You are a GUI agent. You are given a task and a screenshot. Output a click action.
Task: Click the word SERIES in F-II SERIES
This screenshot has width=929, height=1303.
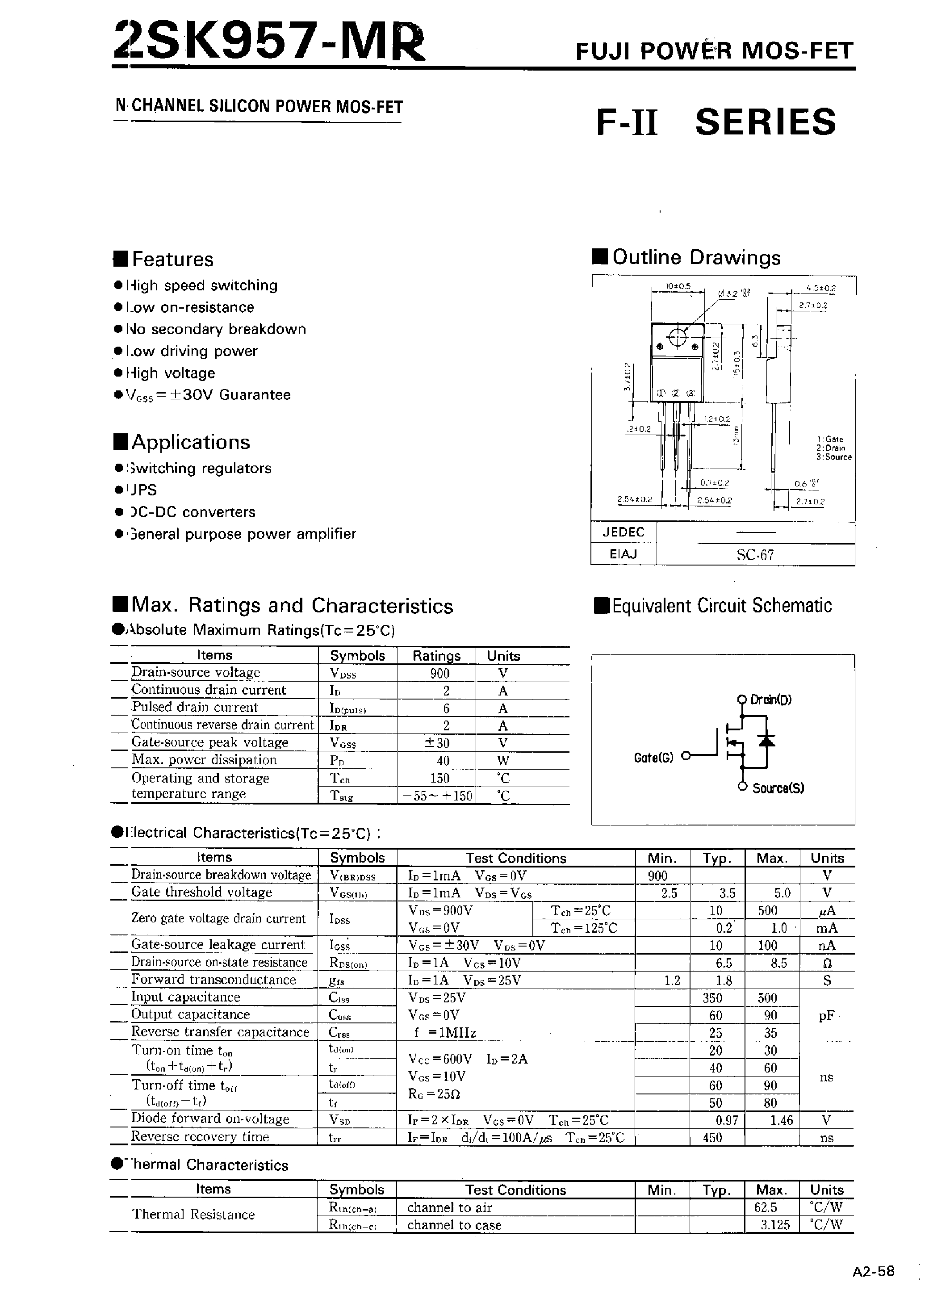pos(766,122)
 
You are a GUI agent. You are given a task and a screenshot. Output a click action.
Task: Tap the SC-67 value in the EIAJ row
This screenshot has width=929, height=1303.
pos(755,554)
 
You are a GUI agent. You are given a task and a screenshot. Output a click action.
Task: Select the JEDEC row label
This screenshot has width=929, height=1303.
pos(623,532)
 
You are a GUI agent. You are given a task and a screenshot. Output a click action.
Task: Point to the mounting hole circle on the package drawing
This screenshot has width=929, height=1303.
pos(677,338)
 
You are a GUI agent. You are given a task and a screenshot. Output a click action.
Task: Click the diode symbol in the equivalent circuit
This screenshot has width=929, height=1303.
pos(766,740)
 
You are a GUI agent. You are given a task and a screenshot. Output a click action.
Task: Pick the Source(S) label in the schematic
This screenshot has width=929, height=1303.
pos(778,788)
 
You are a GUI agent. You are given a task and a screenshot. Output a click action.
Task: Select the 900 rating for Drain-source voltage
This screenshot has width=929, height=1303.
pos(439,673)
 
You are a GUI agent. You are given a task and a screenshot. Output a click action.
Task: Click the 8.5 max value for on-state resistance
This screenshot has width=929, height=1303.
pos(778,963)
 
